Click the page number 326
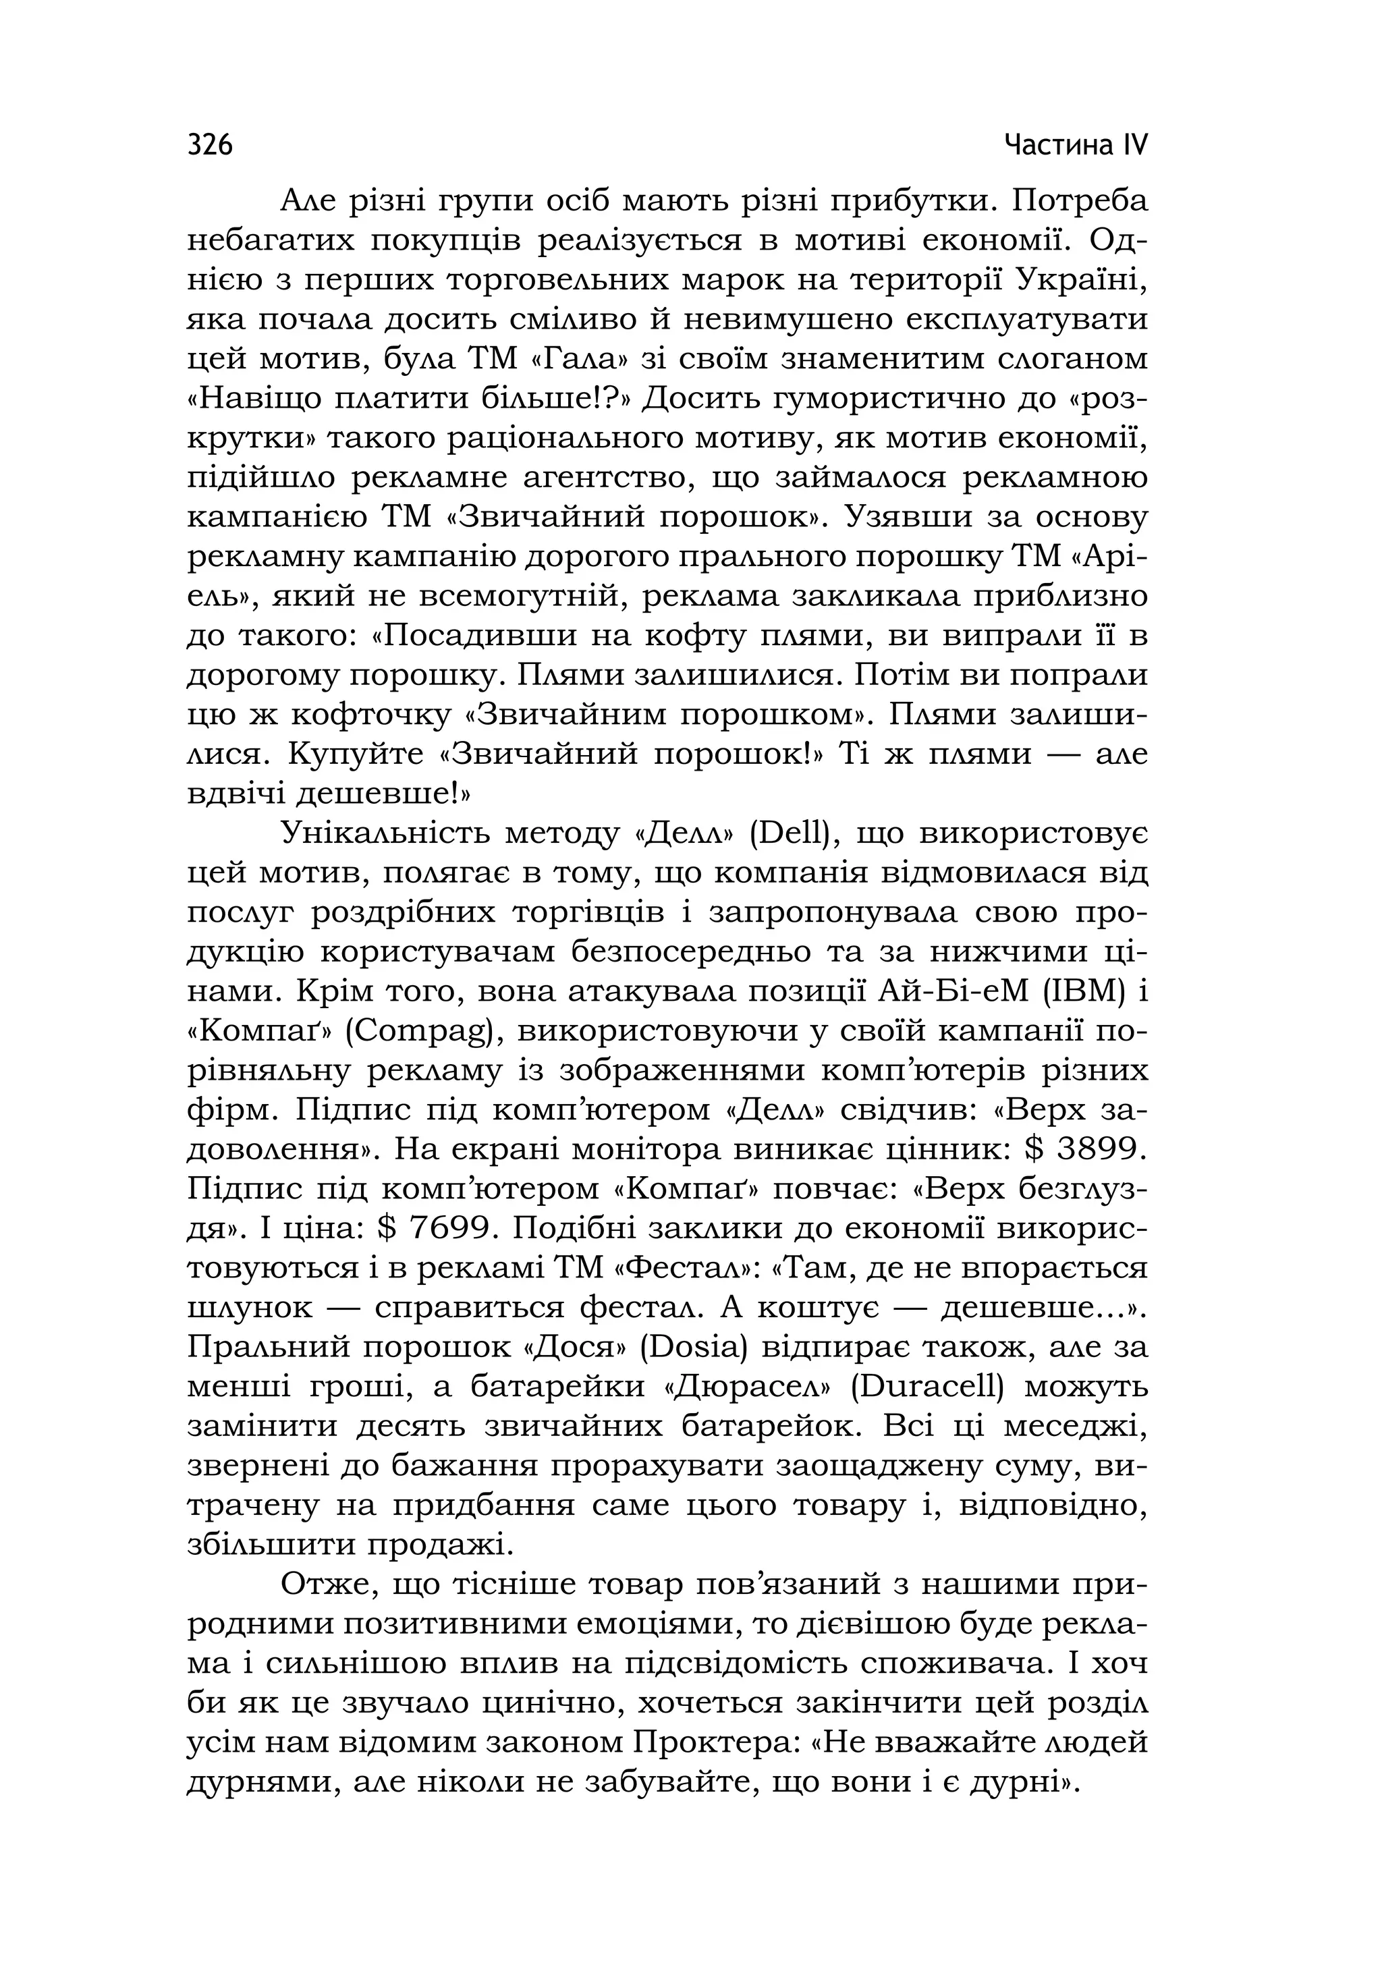coord(209,145)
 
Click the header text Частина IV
coord(1076,145)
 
